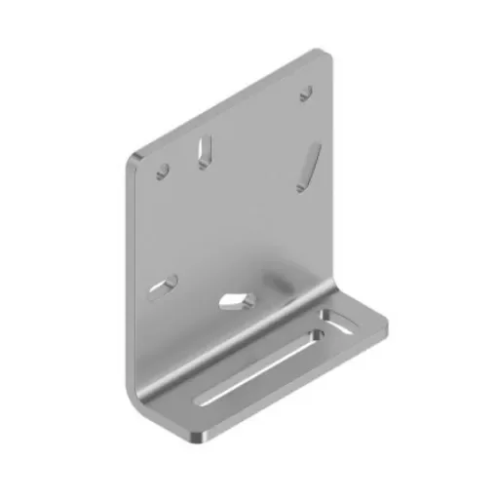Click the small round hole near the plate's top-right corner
pyautogui.click(x=305, y=93)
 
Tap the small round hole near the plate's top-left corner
pyautogui.click(x=163, y=171)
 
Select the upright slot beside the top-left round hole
pyautogui.click(x=205, y=149)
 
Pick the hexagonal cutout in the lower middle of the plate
pyautogui.click(x=235, y=297)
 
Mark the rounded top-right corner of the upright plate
pyautogui.click(x=321, y=56)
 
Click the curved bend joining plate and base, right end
pyautogui.click(x=336, y=288)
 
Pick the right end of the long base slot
pyautogui.click(x=318, y=335)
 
